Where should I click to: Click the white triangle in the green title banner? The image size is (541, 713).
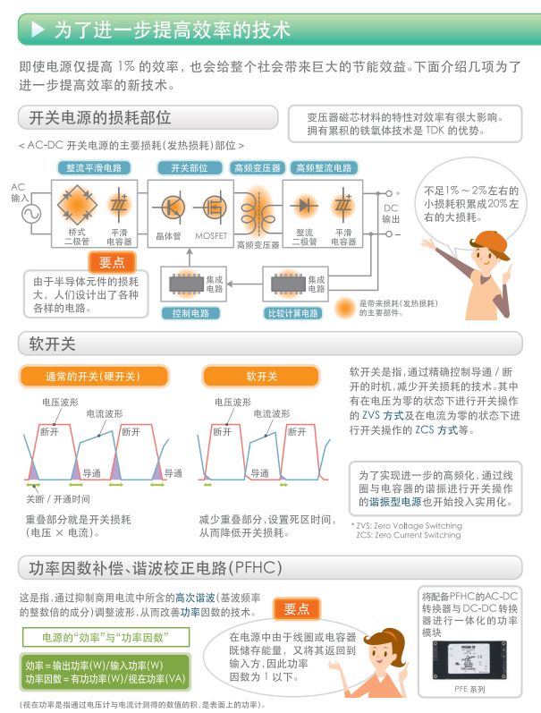click(x=38, y=30)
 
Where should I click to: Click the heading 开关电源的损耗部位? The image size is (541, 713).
click(x=99, y=117)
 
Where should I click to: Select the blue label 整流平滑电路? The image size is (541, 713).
click(x=94, y=167)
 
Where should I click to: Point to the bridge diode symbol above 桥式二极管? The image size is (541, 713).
click(x=75, y=205)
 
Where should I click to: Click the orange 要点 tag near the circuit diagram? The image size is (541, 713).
click(x=112, y=262)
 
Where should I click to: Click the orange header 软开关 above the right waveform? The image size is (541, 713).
click(x=262, y=376)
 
